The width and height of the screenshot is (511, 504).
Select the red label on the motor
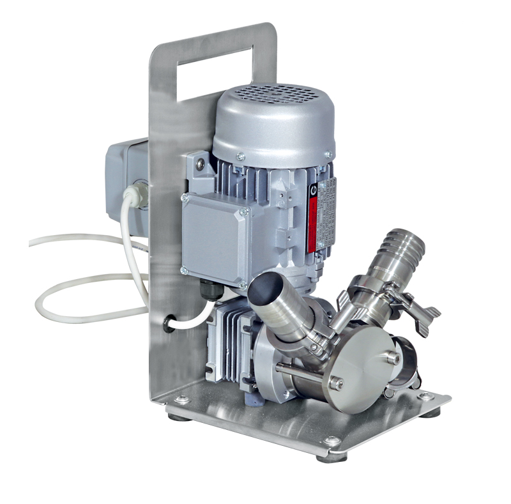click(313, 218)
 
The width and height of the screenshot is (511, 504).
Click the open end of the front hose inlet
click(264, 290)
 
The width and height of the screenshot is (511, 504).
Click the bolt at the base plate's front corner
click(332, 441)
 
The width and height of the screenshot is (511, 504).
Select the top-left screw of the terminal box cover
click(185, 199)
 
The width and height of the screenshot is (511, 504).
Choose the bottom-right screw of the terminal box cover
click(242, 282)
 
